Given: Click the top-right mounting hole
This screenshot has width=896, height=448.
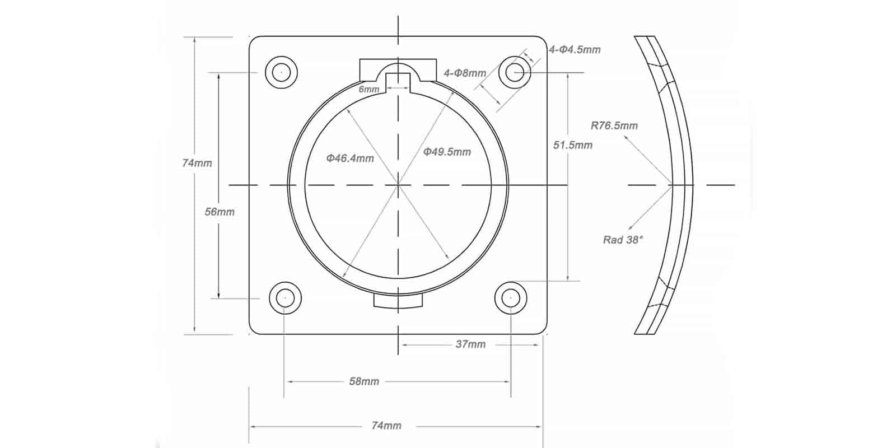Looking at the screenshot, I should (x=515, y=72).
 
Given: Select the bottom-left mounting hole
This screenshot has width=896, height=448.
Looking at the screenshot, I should (x=285, y=298).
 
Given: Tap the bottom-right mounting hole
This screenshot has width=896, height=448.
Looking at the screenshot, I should (x=511, y=298).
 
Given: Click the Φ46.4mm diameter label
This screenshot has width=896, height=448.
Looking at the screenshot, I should (x=350, y=158).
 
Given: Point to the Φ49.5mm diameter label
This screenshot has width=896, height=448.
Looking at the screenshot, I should (x=447, y=152).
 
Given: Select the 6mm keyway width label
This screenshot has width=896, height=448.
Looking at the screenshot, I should (x=369, y=89).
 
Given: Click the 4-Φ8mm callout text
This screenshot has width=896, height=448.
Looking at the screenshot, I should (x=465, y=73).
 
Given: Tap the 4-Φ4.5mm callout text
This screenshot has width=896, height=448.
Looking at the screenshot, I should (x=575, y=49).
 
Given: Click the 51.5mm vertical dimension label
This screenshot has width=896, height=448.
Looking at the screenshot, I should (x=572, y=145).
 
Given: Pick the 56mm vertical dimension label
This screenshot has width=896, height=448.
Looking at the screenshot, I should (x=220, y=212).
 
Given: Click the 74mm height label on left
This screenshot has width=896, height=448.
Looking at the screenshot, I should (x=197, y=163).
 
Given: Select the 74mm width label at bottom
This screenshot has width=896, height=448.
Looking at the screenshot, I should (x=386, y=426).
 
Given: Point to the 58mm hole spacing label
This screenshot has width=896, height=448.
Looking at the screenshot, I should (x=364, y=381).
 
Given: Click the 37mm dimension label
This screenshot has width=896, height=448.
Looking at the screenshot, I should (x=470, y=344).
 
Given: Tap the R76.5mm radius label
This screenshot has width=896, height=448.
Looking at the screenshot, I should (x=614, y=125).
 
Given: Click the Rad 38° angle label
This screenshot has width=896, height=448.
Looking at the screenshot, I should (x=623, y=240).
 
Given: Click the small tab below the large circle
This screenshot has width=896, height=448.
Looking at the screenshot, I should (x=398, y=301).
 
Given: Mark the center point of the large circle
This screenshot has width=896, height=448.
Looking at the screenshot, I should (x=398, y=184).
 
